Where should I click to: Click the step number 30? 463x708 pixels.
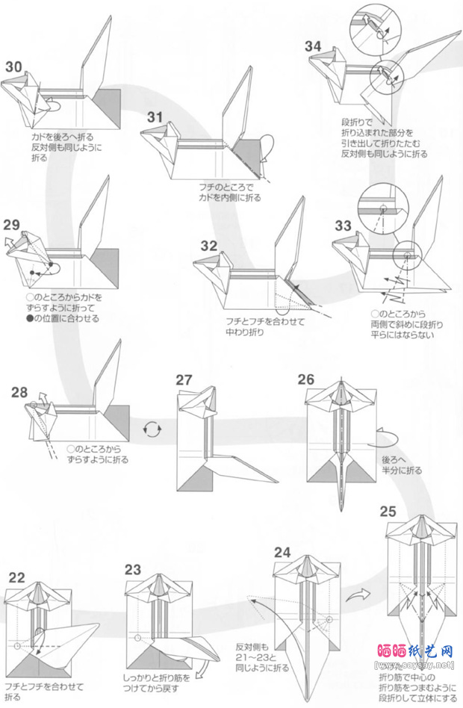pos(13,66)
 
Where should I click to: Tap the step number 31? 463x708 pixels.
pos(155,117)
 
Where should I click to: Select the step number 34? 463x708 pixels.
pos(314,46)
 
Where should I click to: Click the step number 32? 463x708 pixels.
pos(208,246)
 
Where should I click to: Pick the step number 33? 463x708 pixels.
pos(344,226)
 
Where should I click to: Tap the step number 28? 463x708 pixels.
pos(19,392)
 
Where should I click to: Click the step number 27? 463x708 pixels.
pos(184,380)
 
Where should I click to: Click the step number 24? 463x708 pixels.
pos(282,553)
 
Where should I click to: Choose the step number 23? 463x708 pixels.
pos(133,569)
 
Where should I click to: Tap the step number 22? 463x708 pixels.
pos(16,577)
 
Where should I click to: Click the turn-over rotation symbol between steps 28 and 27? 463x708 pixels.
pos(152,429)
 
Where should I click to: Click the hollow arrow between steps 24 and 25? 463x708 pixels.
pos(360,594)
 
